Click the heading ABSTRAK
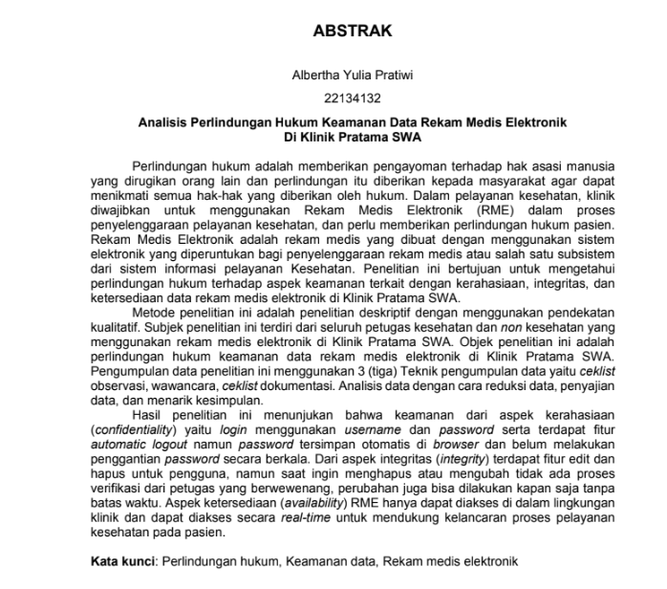(x=353, y=31)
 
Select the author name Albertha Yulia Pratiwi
(x=353, y=74)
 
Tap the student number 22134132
(x=353, y=98)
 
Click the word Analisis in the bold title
(x=166, y=122)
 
